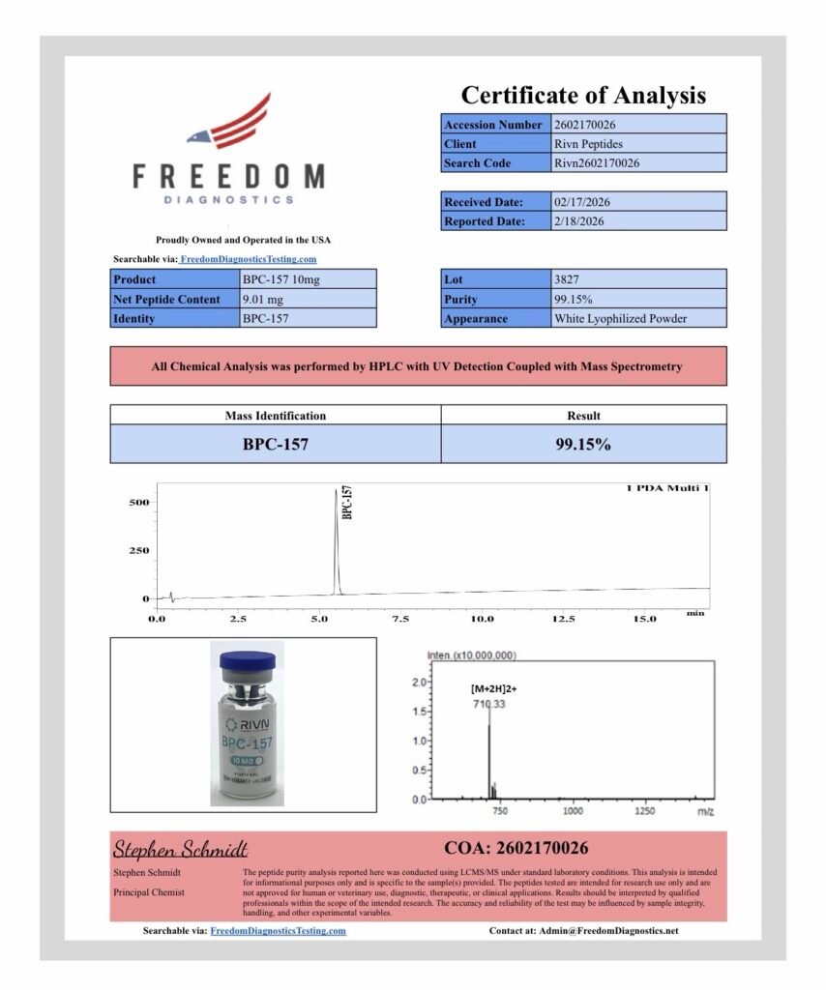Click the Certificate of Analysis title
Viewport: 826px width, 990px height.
tap(583, 95)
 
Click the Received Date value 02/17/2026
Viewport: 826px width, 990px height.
tap(581, 202)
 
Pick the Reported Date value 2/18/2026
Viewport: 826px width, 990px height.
tap(579, 221)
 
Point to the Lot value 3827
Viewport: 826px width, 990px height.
tap(569, 279)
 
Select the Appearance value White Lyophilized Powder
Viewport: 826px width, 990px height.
tap(620, 318)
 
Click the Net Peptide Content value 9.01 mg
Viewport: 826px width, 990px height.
tap(262, 299)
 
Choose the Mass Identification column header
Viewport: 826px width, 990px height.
tap(276, 416)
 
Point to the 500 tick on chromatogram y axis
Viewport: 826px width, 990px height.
tap(138, 503)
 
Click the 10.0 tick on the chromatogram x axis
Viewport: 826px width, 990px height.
tap(482, 618)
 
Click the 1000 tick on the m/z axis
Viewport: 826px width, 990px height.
tap(573, 811)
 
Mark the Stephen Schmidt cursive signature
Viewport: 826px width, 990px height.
tap(181, 849)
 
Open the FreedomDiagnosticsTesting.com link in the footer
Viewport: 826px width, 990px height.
tap(278, 931)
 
